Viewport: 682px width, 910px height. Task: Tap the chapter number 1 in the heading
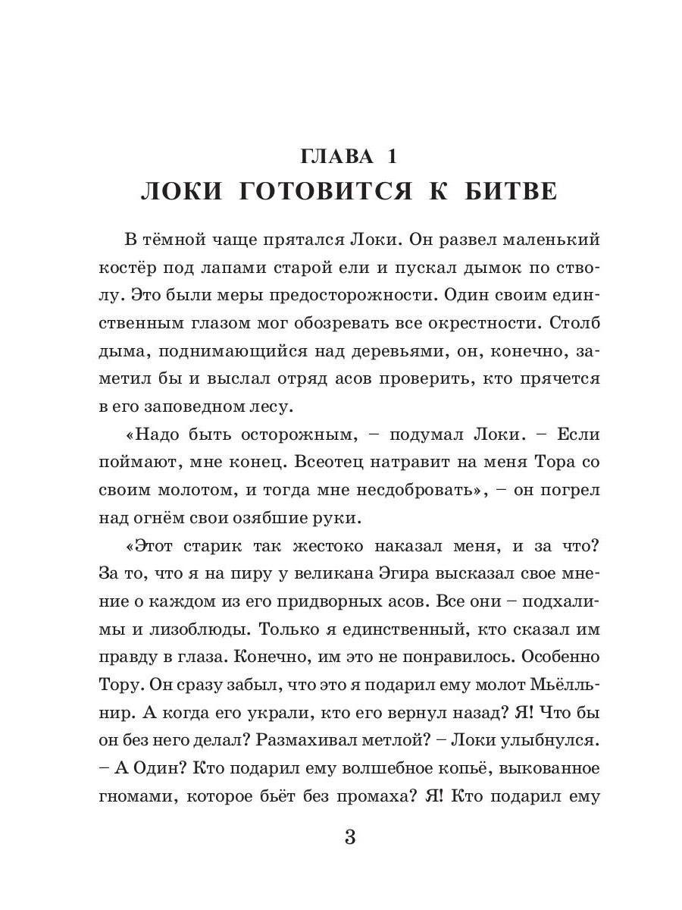pyautogui.click(x=392, y=157)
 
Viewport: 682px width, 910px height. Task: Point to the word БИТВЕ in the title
pyautogui.click(x=515, y=192)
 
